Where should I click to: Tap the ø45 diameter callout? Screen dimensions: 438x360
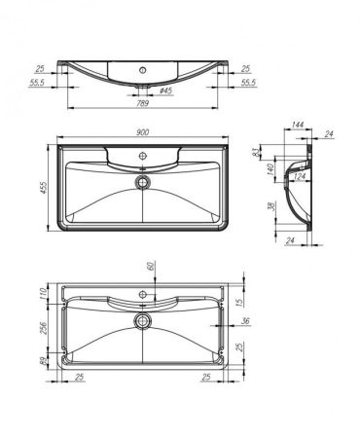click(165, 91)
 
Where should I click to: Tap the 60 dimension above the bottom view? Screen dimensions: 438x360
click(151, 266)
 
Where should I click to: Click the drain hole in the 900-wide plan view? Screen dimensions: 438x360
click(144, 180)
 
